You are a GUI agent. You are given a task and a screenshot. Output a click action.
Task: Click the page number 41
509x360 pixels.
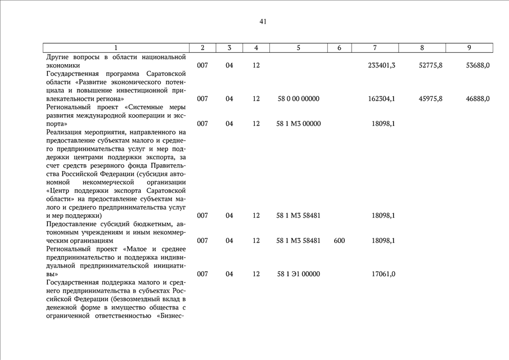point(263,22)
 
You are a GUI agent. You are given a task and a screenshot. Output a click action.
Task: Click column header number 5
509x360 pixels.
point(298,48)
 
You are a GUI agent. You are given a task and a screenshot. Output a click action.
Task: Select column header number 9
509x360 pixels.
point(469,48)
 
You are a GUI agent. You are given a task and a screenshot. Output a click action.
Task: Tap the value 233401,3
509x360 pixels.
point(381,65)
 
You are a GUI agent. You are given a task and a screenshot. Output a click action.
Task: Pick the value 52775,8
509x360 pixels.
point(431,65)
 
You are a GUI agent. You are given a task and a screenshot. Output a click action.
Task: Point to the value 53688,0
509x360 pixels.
point(478,65)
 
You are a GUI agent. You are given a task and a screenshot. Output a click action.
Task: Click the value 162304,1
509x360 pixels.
point(381,99)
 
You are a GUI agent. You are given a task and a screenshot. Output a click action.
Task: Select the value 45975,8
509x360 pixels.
point(431,99)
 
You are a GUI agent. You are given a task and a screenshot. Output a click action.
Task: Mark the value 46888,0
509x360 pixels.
point(478,99)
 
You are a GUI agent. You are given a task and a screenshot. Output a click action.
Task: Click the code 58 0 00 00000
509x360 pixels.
point(299,99)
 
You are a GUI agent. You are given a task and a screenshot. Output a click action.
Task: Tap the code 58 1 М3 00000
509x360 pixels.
point(299,124)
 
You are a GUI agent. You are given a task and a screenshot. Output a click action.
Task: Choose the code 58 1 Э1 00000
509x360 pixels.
point(299,274)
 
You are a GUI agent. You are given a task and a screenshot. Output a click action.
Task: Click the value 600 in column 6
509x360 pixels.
point(339,241)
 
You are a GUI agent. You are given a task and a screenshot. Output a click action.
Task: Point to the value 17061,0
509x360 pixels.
point(384,274)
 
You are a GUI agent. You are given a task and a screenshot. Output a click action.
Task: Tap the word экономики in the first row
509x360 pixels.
point(63,65)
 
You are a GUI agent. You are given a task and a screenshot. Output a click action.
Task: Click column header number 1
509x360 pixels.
point(116,48)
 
